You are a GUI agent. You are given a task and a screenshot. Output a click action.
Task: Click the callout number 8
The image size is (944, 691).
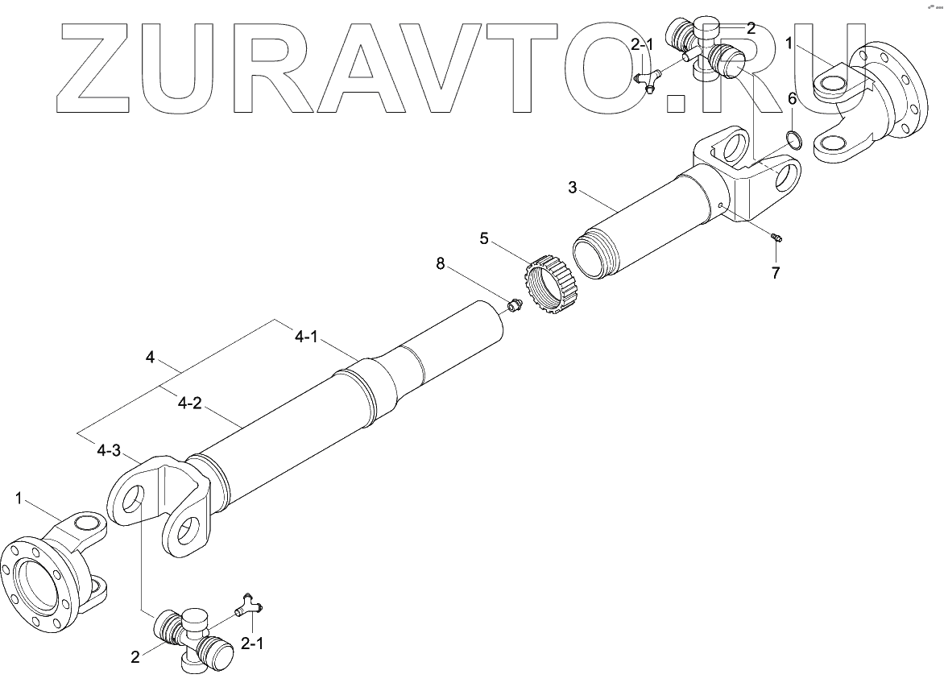[x=441, y=263]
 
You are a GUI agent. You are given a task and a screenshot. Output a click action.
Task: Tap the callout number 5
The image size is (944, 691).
[x=484, y=238]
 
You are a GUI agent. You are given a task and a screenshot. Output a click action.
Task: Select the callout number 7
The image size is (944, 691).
[x=775, y=273]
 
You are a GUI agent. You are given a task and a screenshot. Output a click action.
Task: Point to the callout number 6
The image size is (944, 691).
[x=792, y=99]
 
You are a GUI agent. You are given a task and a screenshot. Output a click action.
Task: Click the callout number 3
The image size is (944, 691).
[x=573, y=188]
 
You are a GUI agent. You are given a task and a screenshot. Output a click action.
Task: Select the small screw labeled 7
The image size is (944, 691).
[x=778, y=238]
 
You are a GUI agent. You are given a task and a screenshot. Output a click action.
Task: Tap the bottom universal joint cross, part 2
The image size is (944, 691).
[x=191, y=635]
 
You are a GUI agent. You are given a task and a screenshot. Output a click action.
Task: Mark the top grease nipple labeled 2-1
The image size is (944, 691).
[x=648, y=81]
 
